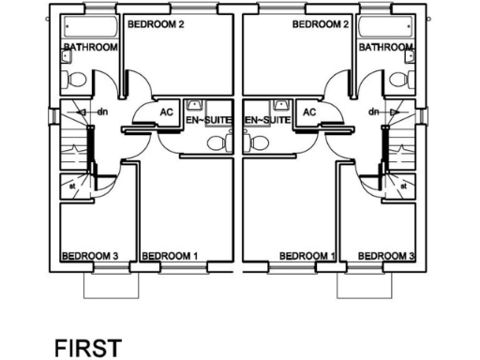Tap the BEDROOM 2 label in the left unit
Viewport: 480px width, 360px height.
[155, 23]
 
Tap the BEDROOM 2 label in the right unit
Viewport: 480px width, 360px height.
[322, 23]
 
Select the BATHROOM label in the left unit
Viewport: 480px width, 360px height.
[90, 47]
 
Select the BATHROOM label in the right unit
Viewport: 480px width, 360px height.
[386, 47]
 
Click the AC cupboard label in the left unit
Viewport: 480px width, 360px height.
[167, 112]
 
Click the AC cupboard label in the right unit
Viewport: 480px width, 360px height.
[311, 112]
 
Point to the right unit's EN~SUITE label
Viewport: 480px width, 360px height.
[266, 121]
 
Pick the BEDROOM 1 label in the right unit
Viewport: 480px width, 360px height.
[307, 255]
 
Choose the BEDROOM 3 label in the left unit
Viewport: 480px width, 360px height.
[90, 255]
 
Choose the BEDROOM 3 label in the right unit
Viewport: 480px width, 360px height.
[386, 255]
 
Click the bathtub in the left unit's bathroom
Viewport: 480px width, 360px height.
[90, 28]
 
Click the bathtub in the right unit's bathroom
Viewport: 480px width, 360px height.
[386, 28]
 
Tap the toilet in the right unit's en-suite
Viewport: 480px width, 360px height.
[259, 143]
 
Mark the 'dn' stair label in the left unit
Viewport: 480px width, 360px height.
[103, 112]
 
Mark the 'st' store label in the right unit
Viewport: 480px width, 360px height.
[404, 186]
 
